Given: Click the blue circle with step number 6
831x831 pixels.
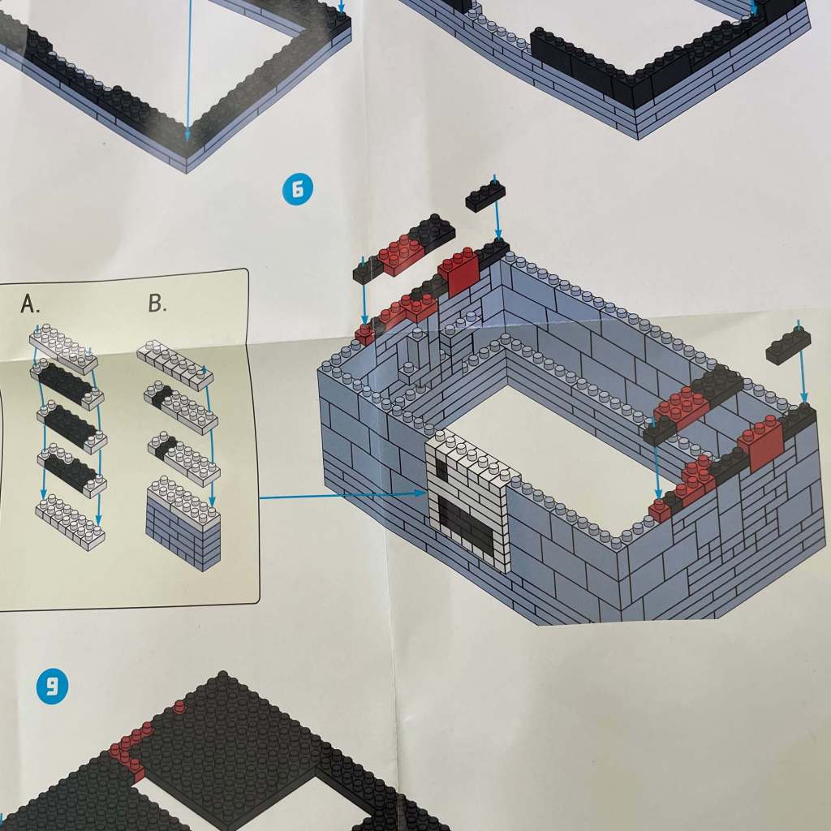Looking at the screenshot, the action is pyautogui.click(x=298, y=189).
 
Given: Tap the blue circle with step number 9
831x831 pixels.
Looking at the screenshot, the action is pyautogui.click(x=52, y=687).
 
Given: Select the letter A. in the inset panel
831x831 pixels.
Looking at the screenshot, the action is pyautogui.click(x=30, y=304).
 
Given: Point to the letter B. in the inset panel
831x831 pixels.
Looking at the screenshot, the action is pyautogui.click(x=157, y=304).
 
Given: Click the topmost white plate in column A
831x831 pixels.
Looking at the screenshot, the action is pyautogui.click(x=63, y=349).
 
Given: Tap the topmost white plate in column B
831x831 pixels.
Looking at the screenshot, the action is pyautogui.click(x=175, y=364).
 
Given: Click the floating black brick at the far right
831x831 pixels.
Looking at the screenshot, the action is pyautogui.click(x=788, y=345).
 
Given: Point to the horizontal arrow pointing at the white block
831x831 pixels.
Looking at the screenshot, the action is pyautogui.click(x=343, y=495).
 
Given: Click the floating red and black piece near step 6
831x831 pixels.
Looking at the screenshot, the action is pyautogui.click(x=404, y=248).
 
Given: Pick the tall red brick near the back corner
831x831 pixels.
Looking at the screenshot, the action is pyautogui.click(x=459, y=271).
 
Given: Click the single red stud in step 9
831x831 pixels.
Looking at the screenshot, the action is pyautogui.click(x=179, y=707).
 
